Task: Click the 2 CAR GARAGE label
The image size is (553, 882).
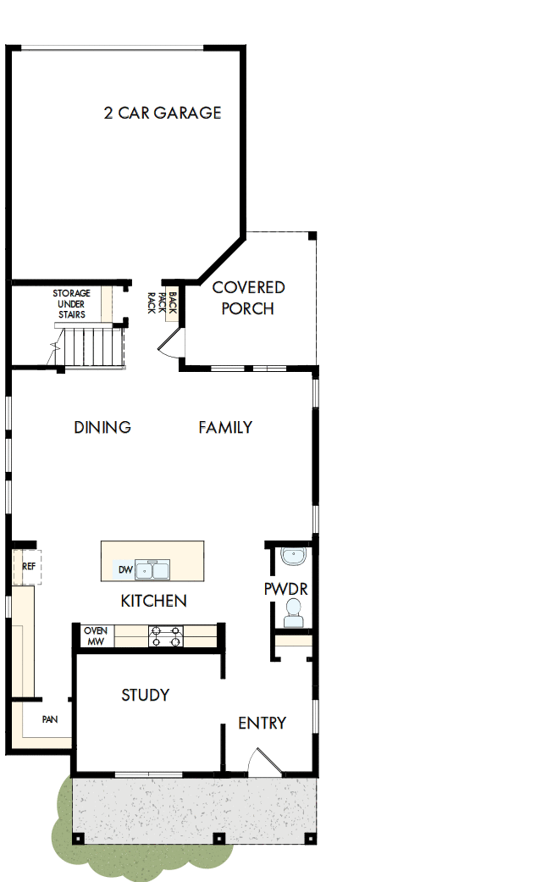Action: (x=163, y=113)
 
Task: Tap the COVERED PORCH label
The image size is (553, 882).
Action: (x=248, y=297)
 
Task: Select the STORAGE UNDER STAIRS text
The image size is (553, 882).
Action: (x=72, y=304)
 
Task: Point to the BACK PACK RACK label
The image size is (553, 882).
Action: (x=163, y=303)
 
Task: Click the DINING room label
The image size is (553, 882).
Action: (x=102, y=427)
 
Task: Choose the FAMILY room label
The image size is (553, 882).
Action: (x=225, y=427)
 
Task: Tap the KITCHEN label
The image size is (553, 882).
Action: (x=153, y=601)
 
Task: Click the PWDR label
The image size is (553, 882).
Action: (x=285, y=589)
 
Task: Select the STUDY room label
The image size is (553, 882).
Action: (x=146, y=695)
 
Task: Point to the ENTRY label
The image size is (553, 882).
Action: (x=262, y=723)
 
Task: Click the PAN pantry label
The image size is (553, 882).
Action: (x=50, y=720)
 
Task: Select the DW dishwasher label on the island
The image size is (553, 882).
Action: (x=124, y=570)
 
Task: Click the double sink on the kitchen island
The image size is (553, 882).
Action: (x=153, y=570)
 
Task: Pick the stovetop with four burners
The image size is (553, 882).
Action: (x=166, y=636)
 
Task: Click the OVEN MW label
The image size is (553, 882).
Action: (x=95, y=636)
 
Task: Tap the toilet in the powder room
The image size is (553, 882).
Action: (x=292, y=613)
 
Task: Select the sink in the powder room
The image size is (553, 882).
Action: (x=293, y=557)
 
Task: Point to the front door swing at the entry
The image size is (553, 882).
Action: (x=259, y=763)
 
